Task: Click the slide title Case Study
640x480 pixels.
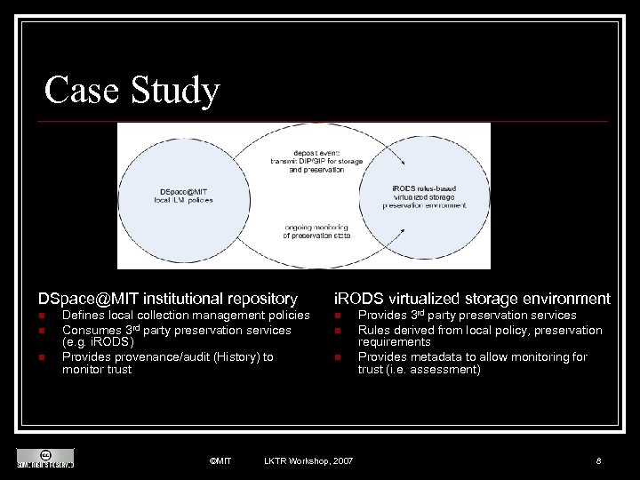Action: click(132, 91)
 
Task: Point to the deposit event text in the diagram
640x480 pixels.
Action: click(304, 160)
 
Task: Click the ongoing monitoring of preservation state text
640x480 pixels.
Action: click(304, 231)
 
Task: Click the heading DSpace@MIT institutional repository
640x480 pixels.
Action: click(167, 299)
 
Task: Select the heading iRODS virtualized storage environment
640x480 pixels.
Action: click(471, 299)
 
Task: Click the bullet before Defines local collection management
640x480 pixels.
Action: click(41, 316)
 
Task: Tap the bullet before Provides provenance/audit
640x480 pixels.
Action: click(41, 357)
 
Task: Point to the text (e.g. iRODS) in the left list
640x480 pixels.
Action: click(98, 342)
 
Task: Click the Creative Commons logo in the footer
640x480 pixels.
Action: click(44, 458)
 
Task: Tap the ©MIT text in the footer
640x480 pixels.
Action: click(220, 460)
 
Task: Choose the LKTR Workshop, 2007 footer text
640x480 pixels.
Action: click(308, 460)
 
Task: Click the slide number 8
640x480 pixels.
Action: click(599, 460)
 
